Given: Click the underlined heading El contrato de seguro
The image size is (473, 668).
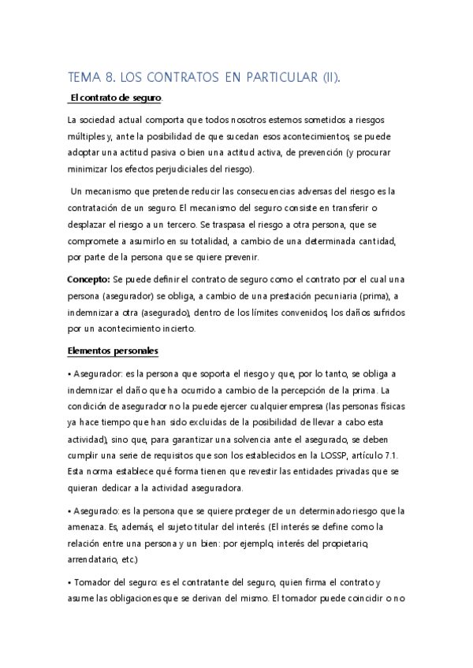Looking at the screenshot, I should tap(115, 98).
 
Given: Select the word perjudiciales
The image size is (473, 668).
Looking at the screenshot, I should tap(193, 169).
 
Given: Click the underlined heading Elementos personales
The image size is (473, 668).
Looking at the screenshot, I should tap(114, 351).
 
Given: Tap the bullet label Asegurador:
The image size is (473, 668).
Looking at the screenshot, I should tap(99, 373).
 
